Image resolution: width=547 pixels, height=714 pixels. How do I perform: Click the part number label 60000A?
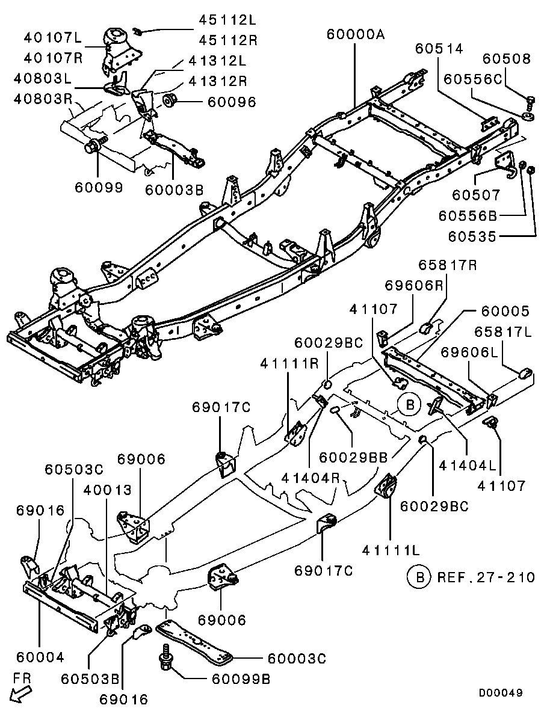[x=355, y=34]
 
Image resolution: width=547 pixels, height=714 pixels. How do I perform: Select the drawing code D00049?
[x=500, y=693]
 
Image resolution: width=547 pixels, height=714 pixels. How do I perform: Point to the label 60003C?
[x=296, y=659]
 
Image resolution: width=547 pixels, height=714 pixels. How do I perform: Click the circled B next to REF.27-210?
[x=419, y=577]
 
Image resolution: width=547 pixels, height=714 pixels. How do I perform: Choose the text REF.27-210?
[x=486, y=577]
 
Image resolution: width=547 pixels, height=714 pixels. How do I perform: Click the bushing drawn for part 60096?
[x=170, y=100]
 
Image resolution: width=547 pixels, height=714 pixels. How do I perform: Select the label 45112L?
[x=227, y=20]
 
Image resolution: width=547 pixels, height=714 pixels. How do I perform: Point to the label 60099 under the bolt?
[x=99, y=187]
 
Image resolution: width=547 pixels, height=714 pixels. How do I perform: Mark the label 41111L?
[x=391, y=549]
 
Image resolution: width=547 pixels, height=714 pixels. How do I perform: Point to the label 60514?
[x=439, y=49]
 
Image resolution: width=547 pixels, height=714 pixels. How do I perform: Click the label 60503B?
[x=90, y=679]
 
